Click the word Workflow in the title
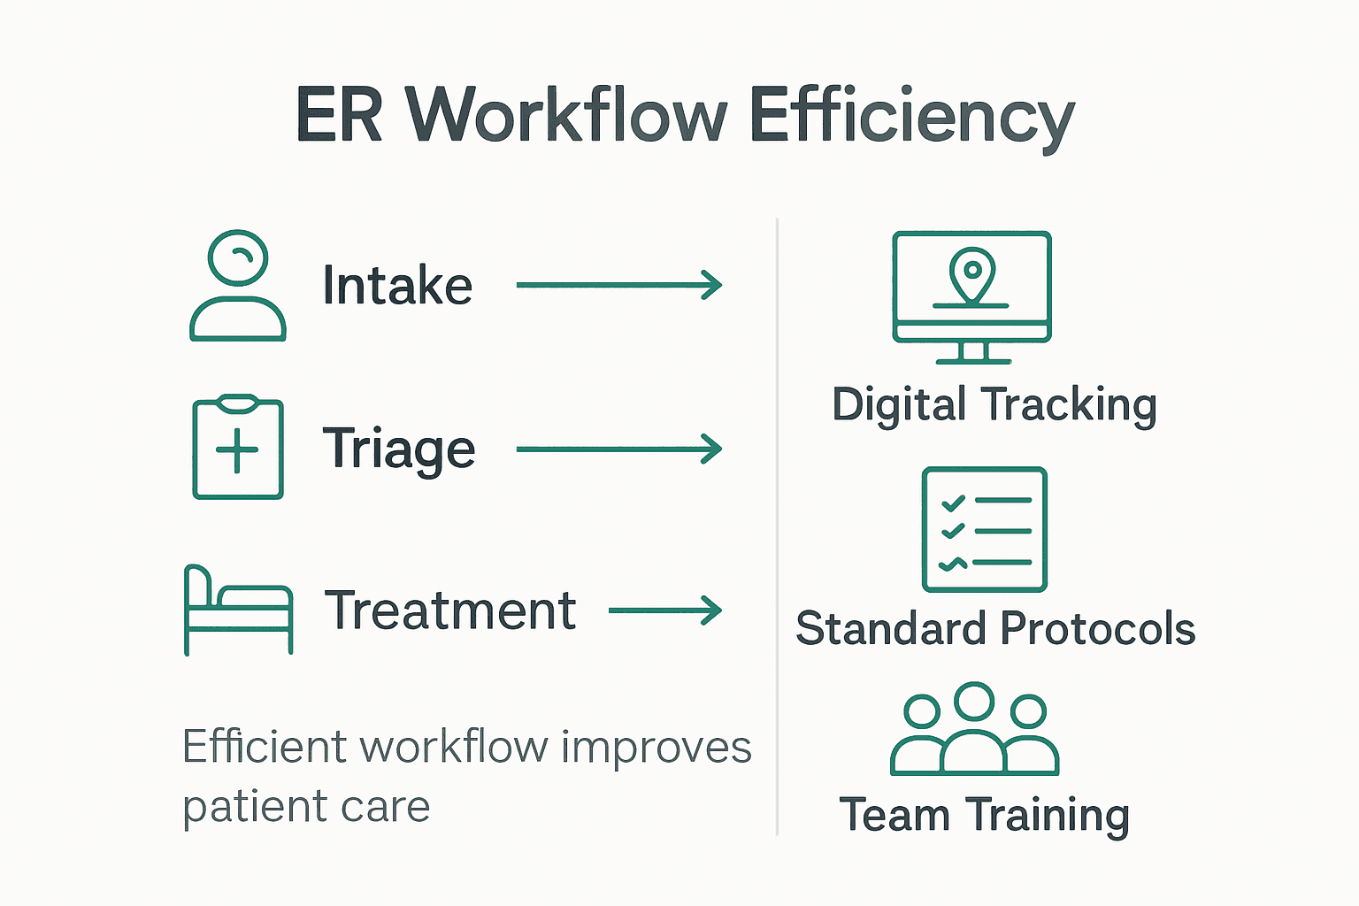click(x=566, y=115)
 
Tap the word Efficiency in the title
click(x=911, y=117)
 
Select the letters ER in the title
click(x=339, y=115)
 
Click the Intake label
click(x=397, y=285)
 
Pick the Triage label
click(x=398, y=449)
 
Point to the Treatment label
click(x=450, y=610)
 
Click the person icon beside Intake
click(x=238, y=286)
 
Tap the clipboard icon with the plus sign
click(x=238, y=448)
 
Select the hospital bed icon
click(x=238, y=610)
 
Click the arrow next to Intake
click(x=619, y=285)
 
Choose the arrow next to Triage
click(x=619, y=449)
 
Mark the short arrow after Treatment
click(x=665, y=610)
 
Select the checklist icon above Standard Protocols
click(x=985, y=530)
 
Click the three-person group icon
click(x=974, y=730)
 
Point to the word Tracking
click(x=1069, y=405)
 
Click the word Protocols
click(x=1098, y=629)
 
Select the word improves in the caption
click(x=656, y=747)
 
